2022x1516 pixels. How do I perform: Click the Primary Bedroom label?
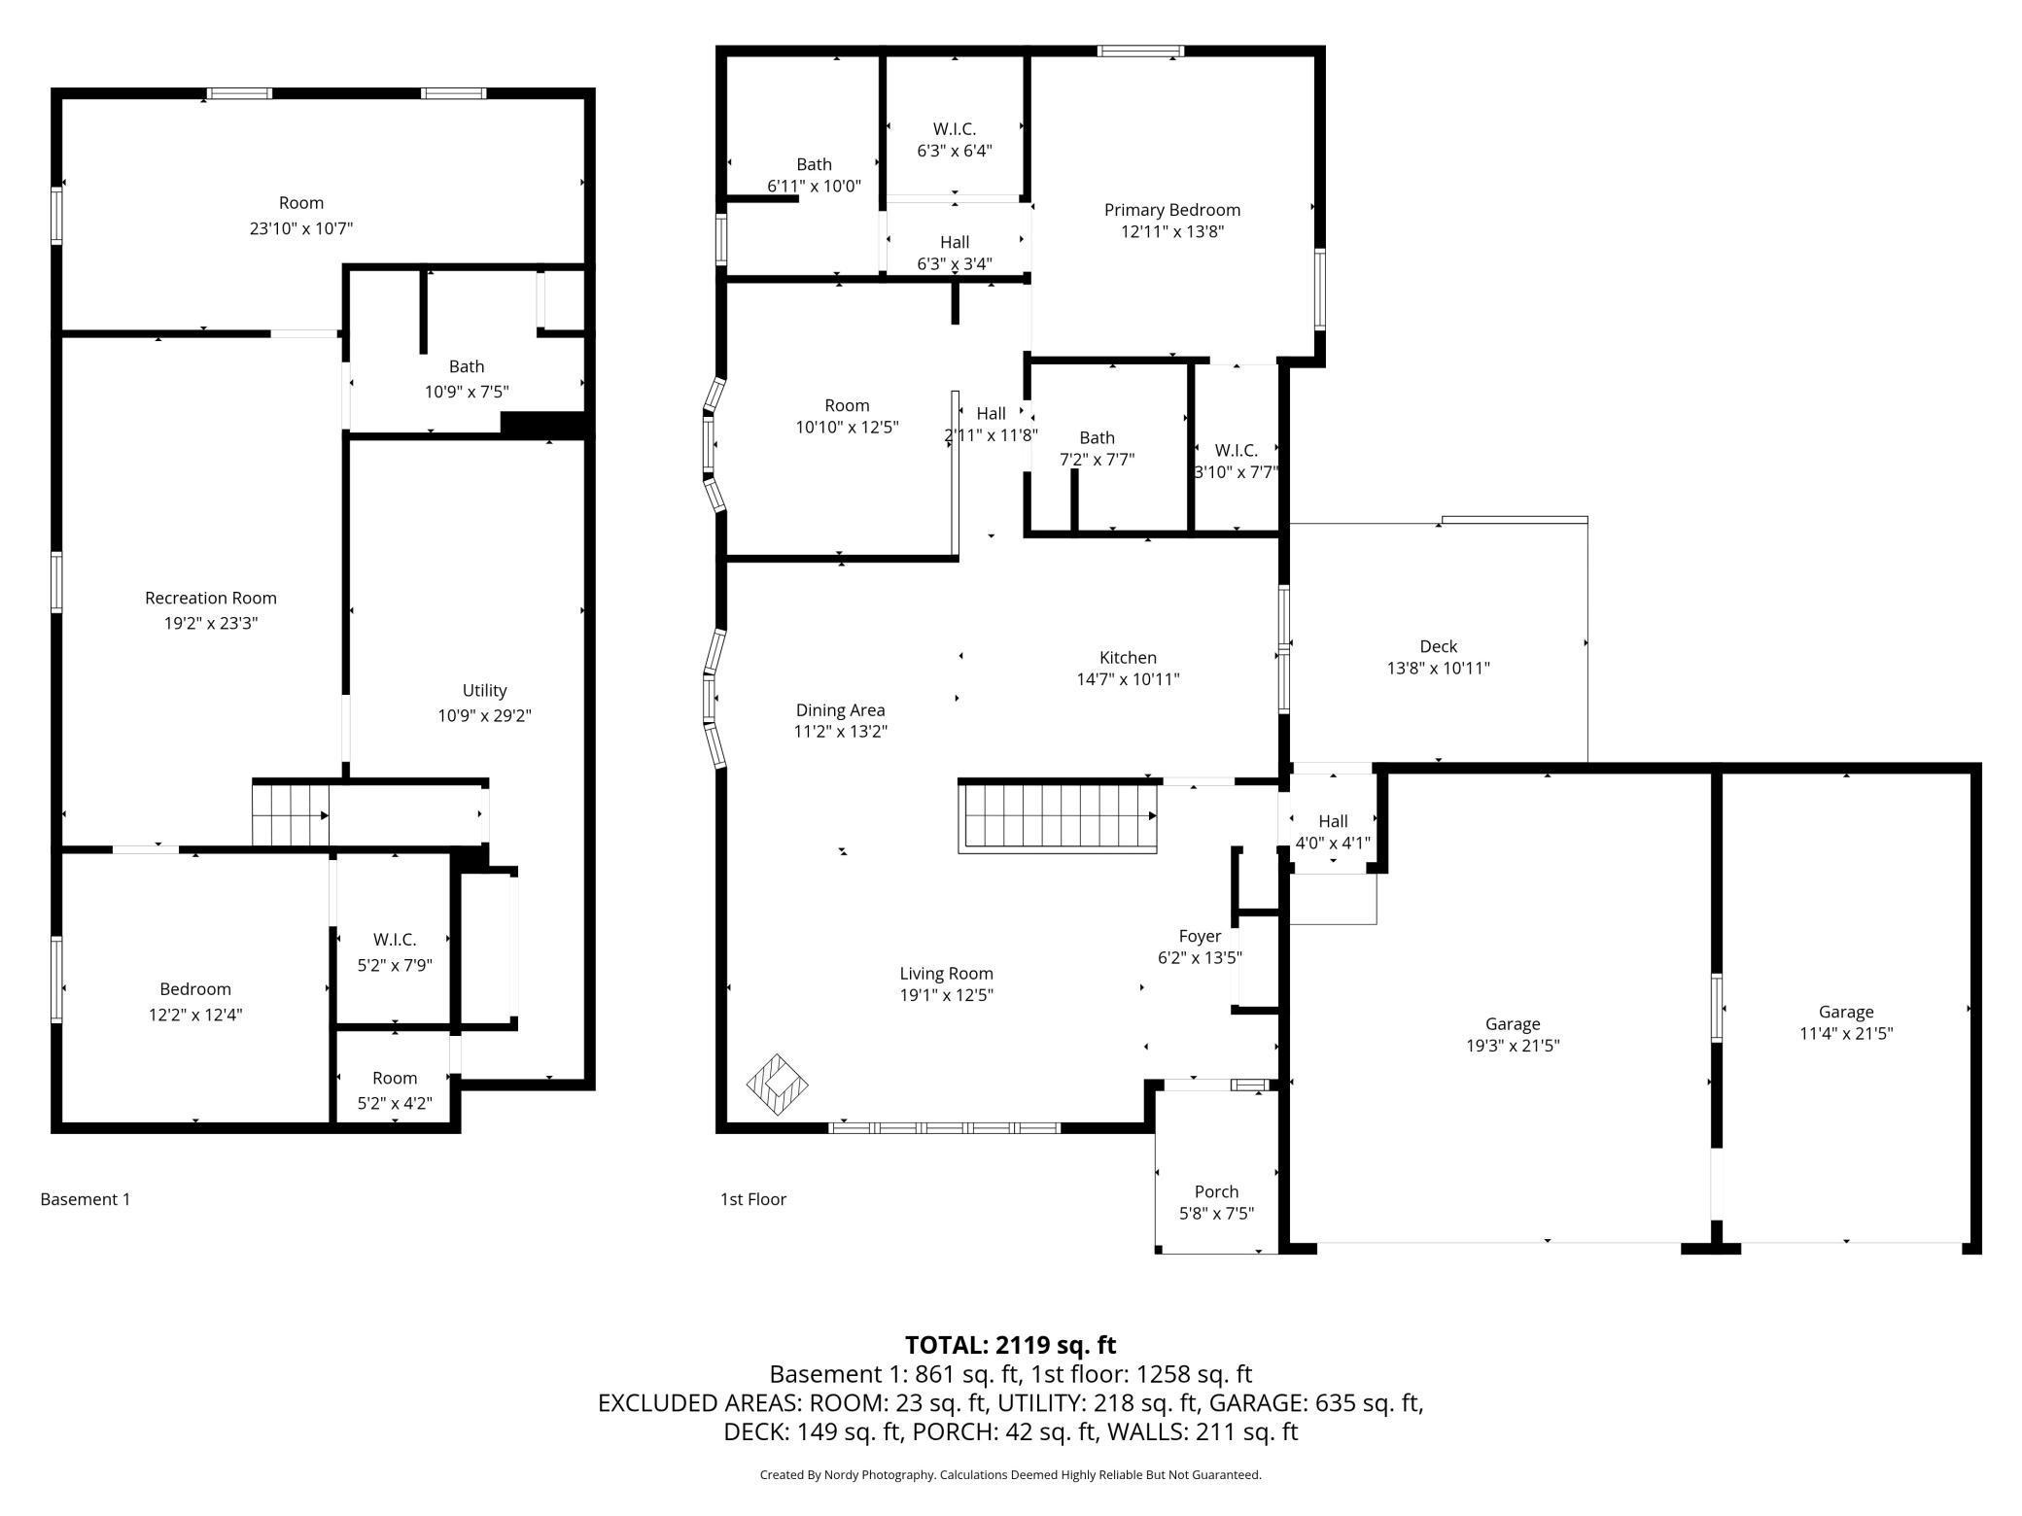[1172, 210]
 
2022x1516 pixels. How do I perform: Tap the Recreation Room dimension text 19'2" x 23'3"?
[211, 623]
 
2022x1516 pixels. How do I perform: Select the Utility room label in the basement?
[484, 690]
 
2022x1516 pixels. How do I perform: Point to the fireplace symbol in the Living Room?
[777, 1085]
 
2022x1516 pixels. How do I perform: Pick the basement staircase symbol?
[291, 813]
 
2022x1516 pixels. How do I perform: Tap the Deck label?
[1439, 646]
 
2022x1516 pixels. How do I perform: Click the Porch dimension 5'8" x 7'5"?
[1216, 1213]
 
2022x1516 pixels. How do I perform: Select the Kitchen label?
[1128, 658]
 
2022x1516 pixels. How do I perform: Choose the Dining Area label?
[840, 710]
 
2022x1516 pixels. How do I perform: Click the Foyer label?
[1200, 936]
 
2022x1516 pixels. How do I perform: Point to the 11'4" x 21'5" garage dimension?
[1846, 1033]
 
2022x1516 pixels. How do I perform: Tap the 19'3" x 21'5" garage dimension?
[1513, 1046]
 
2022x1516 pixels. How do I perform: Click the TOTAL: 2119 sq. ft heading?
[1011, 1345]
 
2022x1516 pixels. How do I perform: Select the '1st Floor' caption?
[753, 1199]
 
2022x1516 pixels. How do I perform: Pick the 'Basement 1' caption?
[86, 1199]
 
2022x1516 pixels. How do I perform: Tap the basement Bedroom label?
[195, 989]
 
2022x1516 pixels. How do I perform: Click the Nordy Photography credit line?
[1011, 1474]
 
